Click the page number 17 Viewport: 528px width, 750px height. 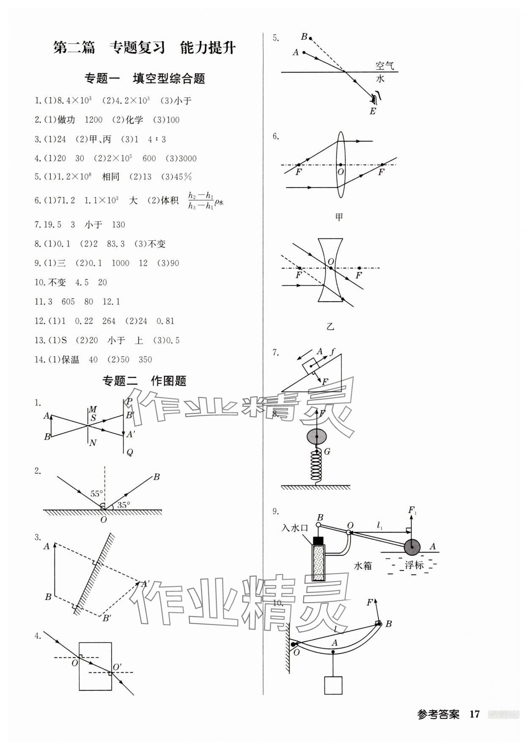474,714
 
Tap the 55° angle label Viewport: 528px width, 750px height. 96,494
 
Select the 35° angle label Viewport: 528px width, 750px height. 123,505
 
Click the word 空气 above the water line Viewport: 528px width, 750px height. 384,66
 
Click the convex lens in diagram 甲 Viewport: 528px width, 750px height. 340,165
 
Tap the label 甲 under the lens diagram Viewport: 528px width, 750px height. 339,217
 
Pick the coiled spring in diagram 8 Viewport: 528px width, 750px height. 316,465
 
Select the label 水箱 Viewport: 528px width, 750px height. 362,565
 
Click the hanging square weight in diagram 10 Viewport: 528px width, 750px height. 333,685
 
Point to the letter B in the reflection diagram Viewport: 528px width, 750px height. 156,477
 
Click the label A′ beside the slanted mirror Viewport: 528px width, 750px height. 145,584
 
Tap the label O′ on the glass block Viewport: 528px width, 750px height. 117,667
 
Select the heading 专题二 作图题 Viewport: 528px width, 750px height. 144,381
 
